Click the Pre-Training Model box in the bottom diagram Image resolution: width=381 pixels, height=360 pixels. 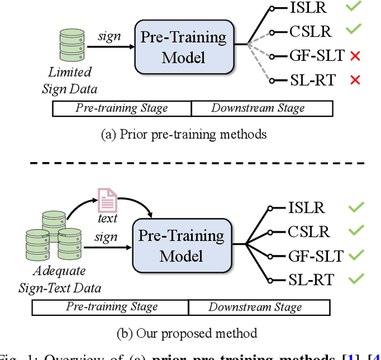182,246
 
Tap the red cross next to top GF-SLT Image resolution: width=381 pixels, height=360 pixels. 355,56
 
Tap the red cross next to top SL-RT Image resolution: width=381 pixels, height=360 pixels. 355,80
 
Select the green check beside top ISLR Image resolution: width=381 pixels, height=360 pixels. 354,8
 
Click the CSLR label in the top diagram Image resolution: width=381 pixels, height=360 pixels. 310,32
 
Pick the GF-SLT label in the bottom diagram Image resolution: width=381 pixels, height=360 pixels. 316,256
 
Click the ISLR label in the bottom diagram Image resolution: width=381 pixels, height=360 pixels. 307,208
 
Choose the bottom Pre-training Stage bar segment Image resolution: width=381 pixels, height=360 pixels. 112,308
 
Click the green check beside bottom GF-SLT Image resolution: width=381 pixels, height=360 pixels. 357,255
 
